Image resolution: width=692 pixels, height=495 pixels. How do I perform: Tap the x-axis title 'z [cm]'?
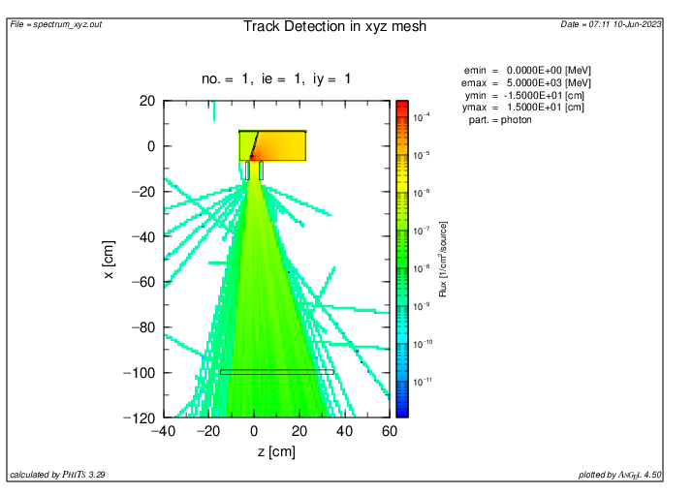(276, 451)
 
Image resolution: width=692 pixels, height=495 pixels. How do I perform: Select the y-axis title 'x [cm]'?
(109, 260)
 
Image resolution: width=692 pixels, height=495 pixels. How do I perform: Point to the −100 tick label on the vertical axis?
(140, 373)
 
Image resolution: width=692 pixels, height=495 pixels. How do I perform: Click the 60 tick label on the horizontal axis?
(389, 431)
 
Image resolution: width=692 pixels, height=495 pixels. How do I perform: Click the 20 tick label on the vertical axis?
(147, 101)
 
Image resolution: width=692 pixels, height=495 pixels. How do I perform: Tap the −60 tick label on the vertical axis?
(142, 282)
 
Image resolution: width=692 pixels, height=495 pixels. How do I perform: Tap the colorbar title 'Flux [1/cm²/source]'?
(443, 260)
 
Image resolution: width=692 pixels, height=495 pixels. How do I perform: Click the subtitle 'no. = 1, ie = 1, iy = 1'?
(276, 78)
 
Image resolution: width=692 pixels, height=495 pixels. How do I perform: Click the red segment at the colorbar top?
(401, 106)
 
